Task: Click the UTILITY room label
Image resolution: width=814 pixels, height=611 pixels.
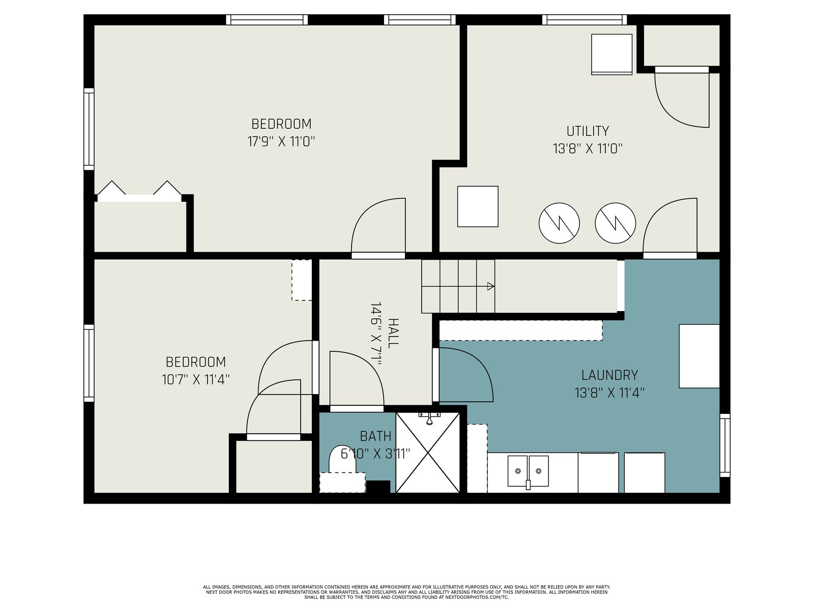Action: click(x=588, y=131)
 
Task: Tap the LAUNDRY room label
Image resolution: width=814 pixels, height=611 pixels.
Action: click(x=609, y=375)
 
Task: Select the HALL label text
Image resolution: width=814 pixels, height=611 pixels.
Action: click(x=393, y=333)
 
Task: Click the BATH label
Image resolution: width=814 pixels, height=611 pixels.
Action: click(x=375, y=436)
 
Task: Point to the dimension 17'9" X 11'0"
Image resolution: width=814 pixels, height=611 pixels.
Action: click(x=281, y=142)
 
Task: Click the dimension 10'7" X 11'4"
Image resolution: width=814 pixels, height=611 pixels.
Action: click(x=196, y=379)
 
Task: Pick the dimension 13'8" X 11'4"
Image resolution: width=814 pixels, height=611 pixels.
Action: click(x=609, y=393)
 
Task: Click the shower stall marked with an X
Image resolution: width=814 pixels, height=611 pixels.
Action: click(x=428, y=453)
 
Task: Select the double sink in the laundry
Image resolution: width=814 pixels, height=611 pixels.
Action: click(x=528, y=471)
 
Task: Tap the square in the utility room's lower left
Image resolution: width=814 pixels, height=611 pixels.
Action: click(x=478, y=206)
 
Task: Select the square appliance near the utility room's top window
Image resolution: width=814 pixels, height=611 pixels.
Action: click(x=612, y=54)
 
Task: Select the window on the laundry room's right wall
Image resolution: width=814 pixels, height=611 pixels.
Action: click(x=725, y=445)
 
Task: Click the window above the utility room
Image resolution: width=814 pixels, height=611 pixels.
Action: click(x=585, y=20)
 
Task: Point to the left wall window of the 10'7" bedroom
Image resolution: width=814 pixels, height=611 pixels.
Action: click(x=89, y=363)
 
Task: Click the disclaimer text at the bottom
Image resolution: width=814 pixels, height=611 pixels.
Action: click(x=407, y=592)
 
